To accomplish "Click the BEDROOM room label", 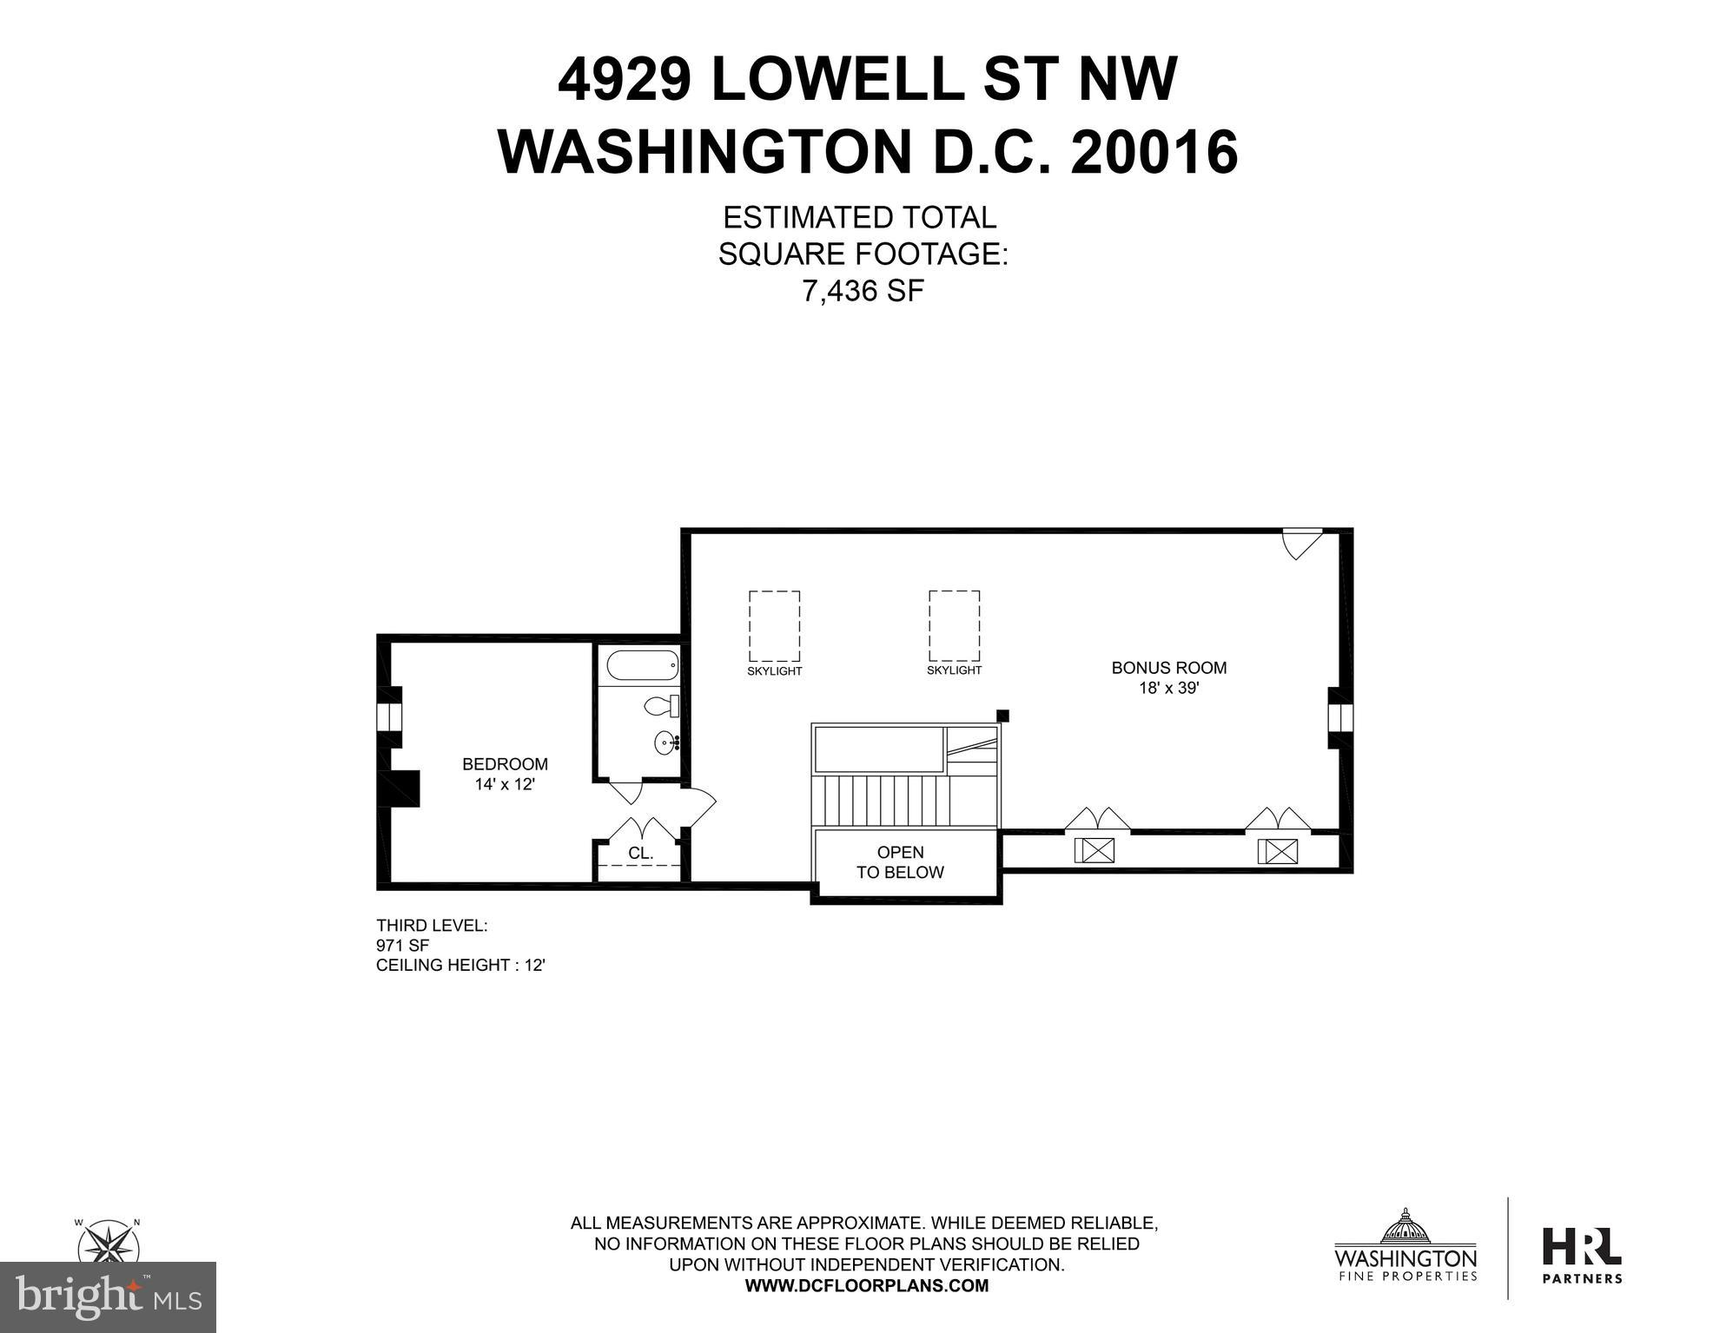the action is click(x=505, y=764).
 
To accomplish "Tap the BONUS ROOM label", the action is click(x=1169, y=668).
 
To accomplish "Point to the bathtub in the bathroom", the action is click(x=643, y=667).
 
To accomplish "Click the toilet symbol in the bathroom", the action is click(x=662, y=706).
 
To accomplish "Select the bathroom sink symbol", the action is click(x=668, y=742).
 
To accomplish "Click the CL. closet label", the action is click(x=641, y=853).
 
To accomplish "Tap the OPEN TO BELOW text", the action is click(x=900, y=862).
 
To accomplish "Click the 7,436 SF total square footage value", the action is click(x=863, y=291).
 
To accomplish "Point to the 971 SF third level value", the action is click(x=402, y=946).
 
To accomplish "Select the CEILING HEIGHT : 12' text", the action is click(x=460, y=966).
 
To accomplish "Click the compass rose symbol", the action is click(x=109, y=1242).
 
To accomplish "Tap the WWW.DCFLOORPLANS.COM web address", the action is click(x=867, y=1286).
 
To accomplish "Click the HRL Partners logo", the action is click(x=1582, y=1256).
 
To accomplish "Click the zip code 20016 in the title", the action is click(x=1154, y=152).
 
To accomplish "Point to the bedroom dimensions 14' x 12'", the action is click(x=505, y=784).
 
